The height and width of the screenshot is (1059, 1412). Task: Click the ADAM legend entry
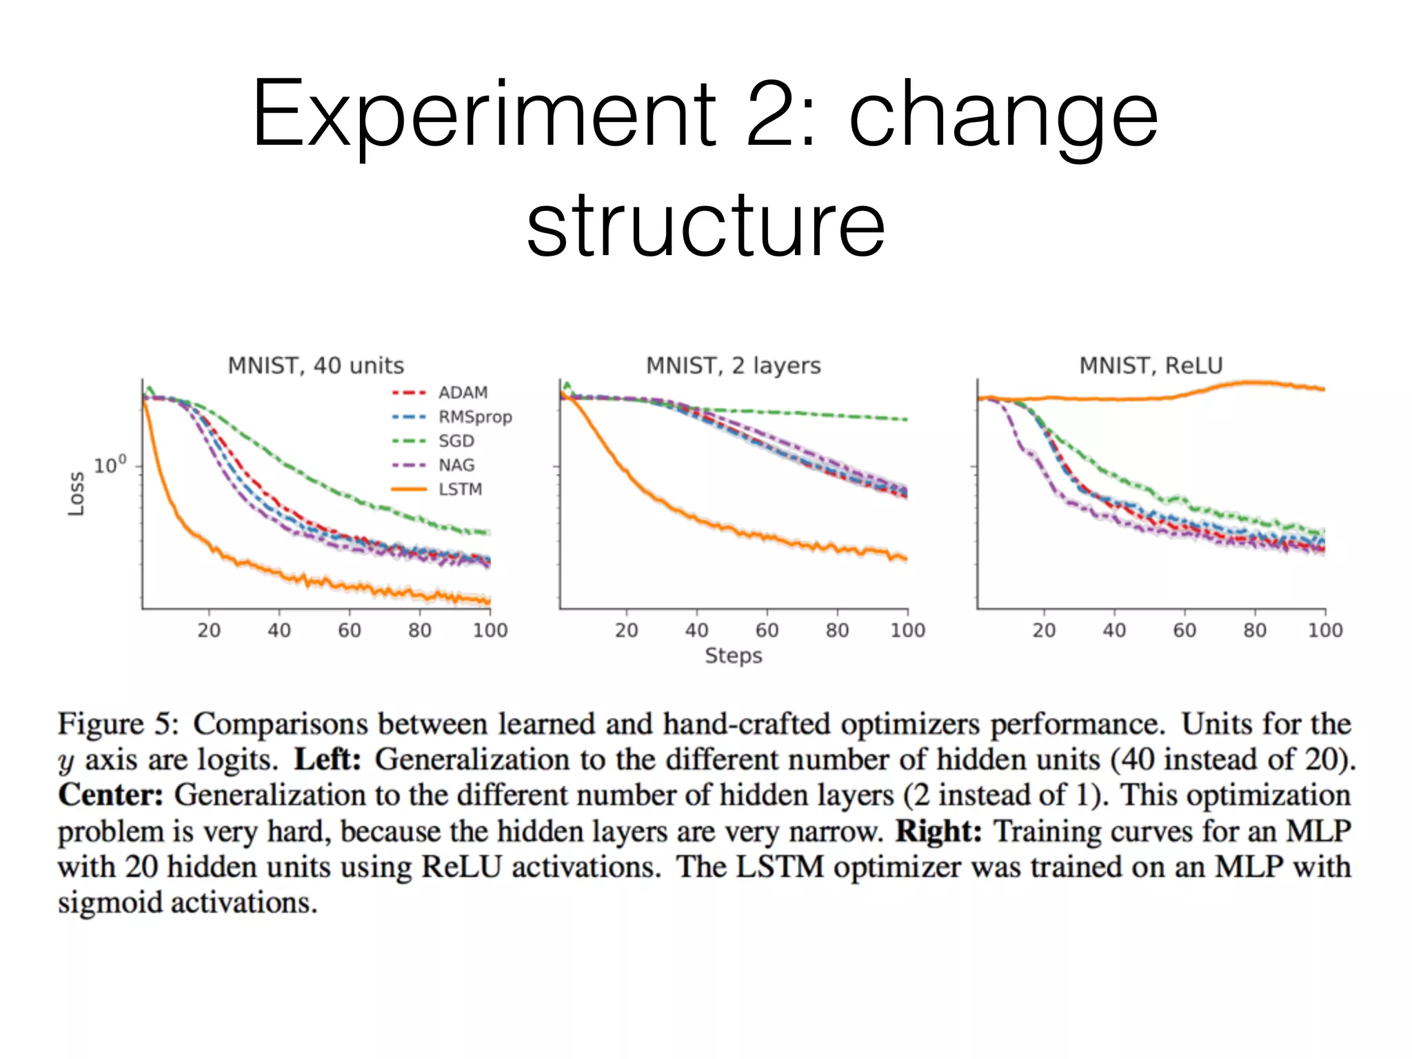click(x=463, y=392)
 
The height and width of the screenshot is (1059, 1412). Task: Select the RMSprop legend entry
click(x=474, y=417)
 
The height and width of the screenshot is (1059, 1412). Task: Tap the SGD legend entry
click(x=456, y=441)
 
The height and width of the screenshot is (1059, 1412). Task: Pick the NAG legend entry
click(x=456, y=465)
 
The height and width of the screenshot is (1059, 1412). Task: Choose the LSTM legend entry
click(x=460, y=490)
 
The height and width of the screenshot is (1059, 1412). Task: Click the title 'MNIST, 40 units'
click(x=316, y=365)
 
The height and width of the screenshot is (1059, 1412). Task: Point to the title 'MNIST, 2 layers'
click(x=733, y=365)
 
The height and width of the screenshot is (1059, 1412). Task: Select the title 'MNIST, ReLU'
click(x=1151, y=365)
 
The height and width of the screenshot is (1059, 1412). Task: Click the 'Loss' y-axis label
click(x=76, y=494)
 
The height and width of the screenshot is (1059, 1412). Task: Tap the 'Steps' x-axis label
click(x=733, y=656)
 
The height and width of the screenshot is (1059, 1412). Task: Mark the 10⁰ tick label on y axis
click(x=110, y=465)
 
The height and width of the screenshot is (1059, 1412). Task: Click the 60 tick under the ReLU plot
click(x=1184, y=630)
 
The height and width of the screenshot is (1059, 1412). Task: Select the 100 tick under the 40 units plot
click(x=490, y=630)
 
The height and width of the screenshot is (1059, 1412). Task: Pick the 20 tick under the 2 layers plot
click(x=626, y=630)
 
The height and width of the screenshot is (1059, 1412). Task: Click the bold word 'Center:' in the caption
click(x=110, y=795)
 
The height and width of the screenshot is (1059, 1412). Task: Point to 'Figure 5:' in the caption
click(x=118, y=724)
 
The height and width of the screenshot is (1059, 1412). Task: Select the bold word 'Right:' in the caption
click(x=938, y=831)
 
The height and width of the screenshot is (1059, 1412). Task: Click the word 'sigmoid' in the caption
click(x=110, y=902)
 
